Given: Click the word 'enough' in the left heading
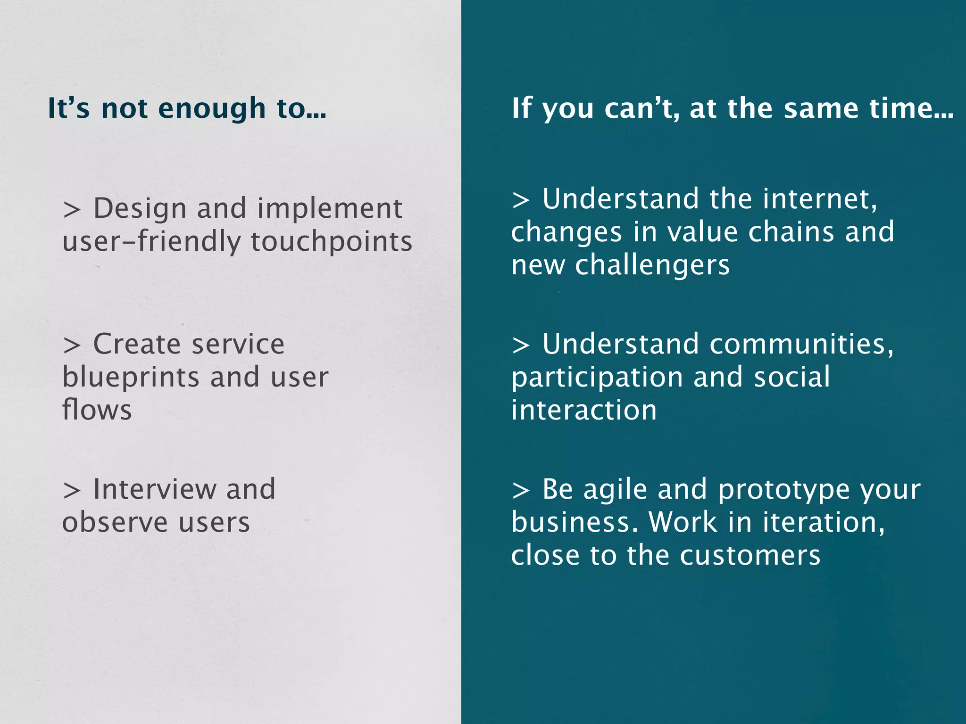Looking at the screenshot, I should (x=212, y=109).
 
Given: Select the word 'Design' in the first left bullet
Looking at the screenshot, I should (x=140, y=209).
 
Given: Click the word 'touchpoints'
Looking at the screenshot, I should (x=331, y=242).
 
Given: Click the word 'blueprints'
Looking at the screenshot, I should (x=131, y=378).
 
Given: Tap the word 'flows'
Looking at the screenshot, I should (x=97, y=410).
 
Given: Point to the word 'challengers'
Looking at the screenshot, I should (x=652, y=265).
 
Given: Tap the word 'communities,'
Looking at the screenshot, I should (x=801, y=345).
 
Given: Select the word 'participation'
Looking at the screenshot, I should (x=597, y=378).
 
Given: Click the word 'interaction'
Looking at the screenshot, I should (x=584, y=410).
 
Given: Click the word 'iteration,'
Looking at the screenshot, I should (x=824, y=522).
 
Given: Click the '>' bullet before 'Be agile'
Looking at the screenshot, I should (x=521, y=491).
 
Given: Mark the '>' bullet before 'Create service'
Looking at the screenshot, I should (x=72, y=346).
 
